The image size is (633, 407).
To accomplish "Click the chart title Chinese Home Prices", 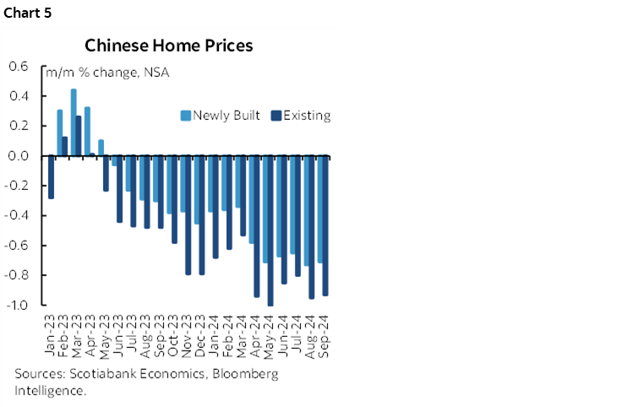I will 168,46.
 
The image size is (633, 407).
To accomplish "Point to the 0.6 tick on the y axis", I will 19,67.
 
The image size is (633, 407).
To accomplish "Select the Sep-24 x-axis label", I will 324,334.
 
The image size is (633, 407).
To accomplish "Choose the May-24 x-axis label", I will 269,334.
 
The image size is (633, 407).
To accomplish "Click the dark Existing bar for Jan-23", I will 51,177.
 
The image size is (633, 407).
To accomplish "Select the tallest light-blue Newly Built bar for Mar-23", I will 74,122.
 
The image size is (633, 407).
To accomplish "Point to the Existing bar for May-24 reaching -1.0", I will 270,231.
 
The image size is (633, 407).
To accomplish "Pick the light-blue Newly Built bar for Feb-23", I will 60,133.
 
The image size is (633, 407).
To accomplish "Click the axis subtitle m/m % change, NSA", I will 106,73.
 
